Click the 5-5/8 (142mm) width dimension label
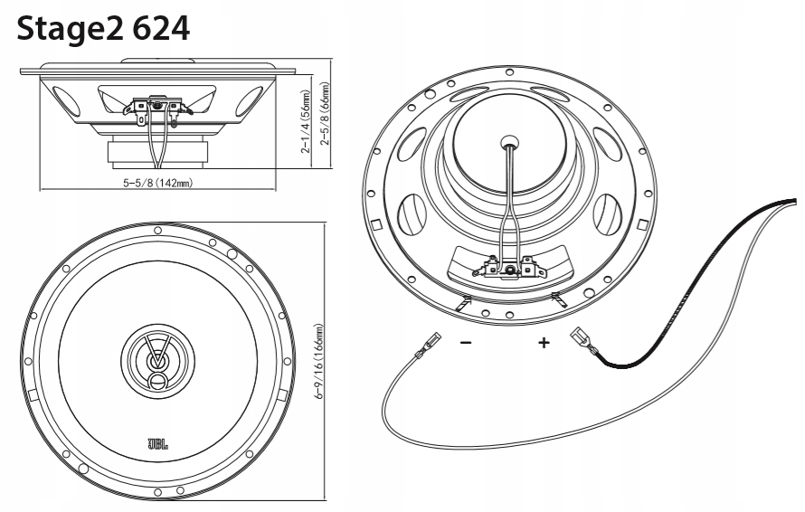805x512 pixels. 157,184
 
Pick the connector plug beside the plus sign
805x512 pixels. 580,342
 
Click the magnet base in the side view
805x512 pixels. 159,153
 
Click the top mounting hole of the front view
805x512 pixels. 157,230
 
